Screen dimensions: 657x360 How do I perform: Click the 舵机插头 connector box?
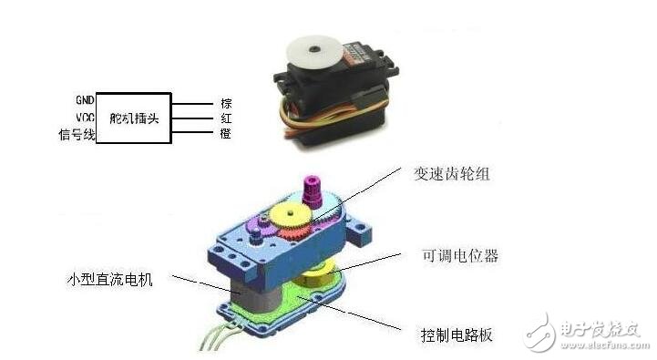133,118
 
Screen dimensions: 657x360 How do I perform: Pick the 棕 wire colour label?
225,102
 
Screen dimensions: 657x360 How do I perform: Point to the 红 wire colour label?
225,118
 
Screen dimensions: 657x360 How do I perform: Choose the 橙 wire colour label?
225,134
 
